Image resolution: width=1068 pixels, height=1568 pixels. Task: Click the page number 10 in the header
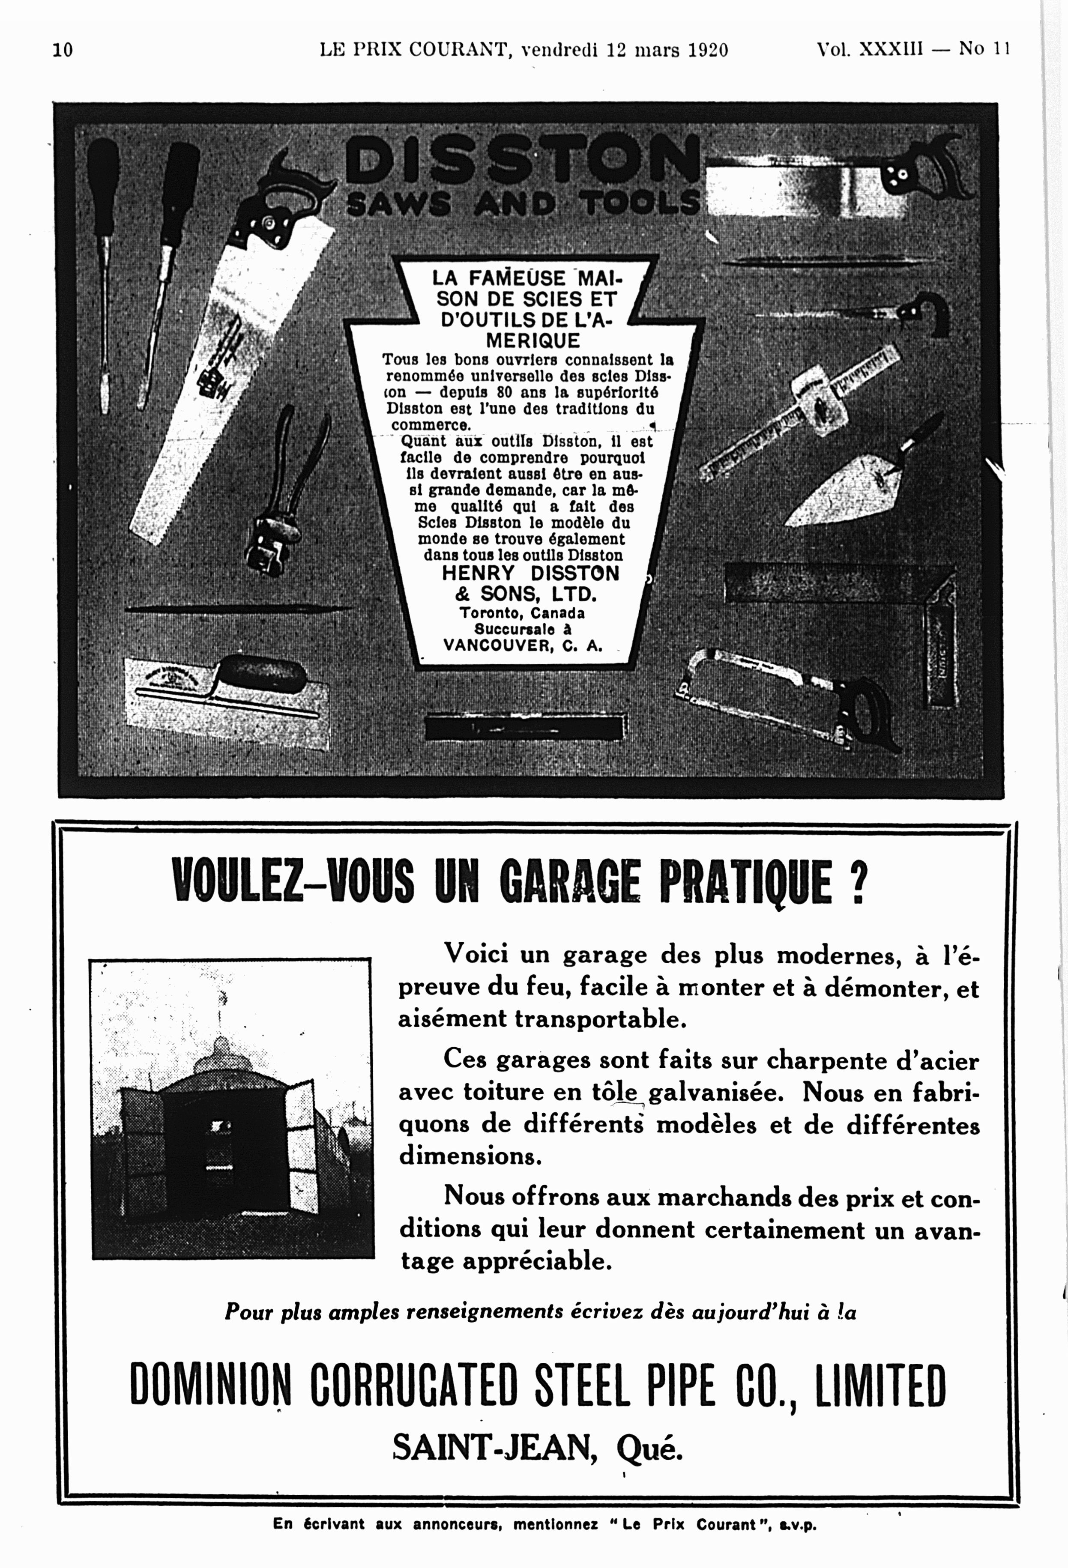click(x=63, y=50)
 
